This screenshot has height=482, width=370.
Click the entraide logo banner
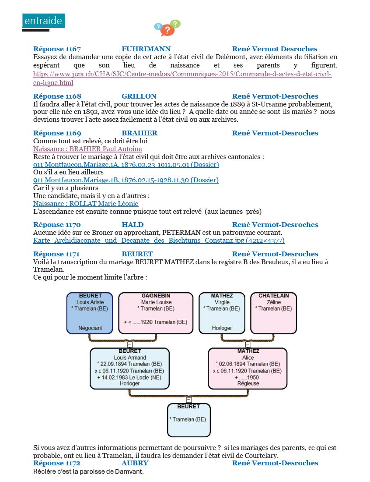click(x=43, y=21)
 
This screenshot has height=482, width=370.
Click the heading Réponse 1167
click(x=57, y=49)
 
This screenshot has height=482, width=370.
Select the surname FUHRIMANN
click(x=146, y=49)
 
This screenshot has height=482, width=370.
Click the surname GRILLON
click(x=139, y=96)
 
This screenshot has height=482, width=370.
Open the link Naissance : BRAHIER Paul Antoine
click(x=87, y=149)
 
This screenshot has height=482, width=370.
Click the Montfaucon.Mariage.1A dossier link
click(x=126, y=165)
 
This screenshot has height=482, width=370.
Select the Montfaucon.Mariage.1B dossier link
click(x=126, y=180)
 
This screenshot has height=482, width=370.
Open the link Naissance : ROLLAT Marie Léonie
click(x=86, y=204)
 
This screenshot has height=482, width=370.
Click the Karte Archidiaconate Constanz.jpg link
click(x=159, y=241)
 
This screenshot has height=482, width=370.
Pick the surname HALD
click(x=133, y=225)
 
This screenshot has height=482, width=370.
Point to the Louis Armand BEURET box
click(x=130, y=369)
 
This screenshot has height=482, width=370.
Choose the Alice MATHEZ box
click(x=248, y=369)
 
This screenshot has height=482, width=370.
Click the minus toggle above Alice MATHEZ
click(x=248, y=344)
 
